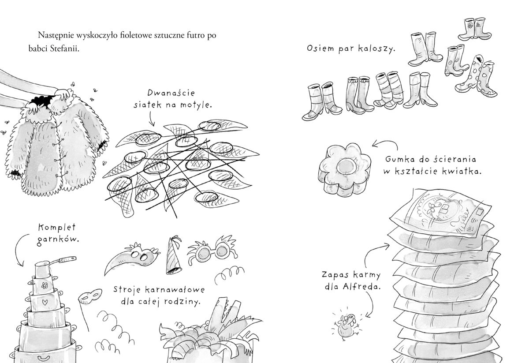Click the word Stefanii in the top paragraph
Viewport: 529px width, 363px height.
coord(64,49)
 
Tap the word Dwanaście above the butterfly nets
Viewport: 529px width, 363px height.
coord(171,93)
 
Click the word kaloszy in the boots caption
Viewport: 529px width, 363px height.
coord(376,49)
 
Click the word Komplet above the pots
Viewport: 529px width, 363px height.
coord(57,227)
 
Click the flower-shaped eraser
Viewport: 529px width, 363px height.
coord(345,169)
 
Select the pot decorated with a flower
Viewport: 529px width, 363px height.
coord(44,285)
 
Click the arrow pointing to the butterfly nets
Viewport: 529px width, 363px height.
coord(152,119)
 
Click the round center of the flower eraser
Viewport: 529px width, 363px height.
coord(346,166)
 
